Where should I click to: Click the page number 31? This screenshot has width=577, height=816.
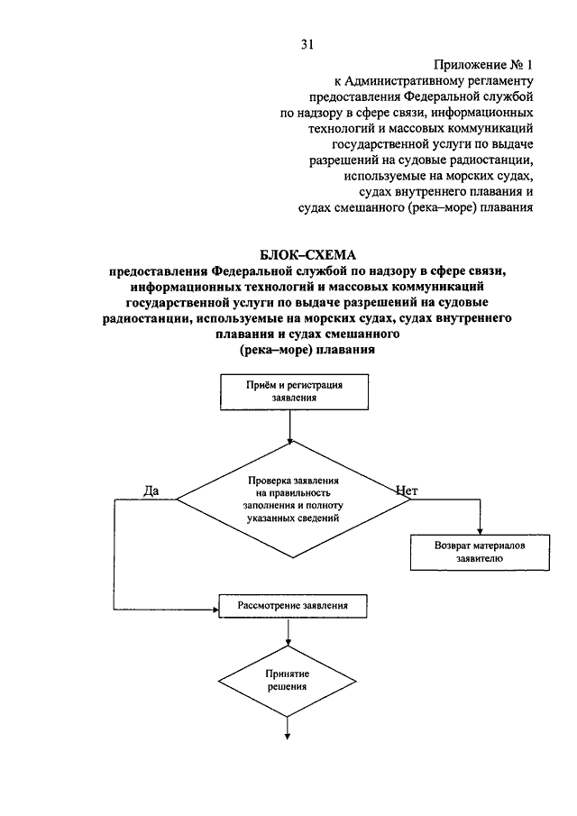[307, 45]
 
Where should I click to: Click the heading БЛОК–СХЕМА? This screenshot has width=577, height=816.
[308, 255]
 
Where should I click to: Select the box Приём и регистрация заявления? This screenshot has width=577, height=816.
[294, 392]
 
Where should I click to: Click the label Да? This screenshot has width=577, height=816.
[151, 491]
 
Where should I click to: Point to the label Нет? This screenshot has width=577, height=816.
[407, 491]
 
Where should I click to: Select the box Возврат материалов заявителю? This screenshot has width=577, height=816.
[480, 552]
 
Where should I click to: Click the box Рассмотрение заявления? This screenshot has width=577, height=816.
[293, 606]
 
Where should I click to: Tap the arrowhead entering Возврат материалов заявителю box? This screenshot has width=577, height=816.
[481, 531]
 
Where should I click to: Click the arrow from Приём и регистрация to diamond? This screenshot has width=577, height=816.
[288, 426]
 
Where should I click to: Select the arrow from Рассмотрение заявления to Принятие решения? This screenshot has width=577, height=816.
[288, 632]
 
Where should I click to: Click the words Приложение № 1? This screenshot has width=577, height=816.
[483, 65]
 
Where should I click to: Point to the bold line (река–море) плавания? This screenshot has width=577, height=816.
[307, 350]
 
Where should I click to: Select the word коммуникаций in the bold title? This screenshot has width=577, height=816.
[441, 286]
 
